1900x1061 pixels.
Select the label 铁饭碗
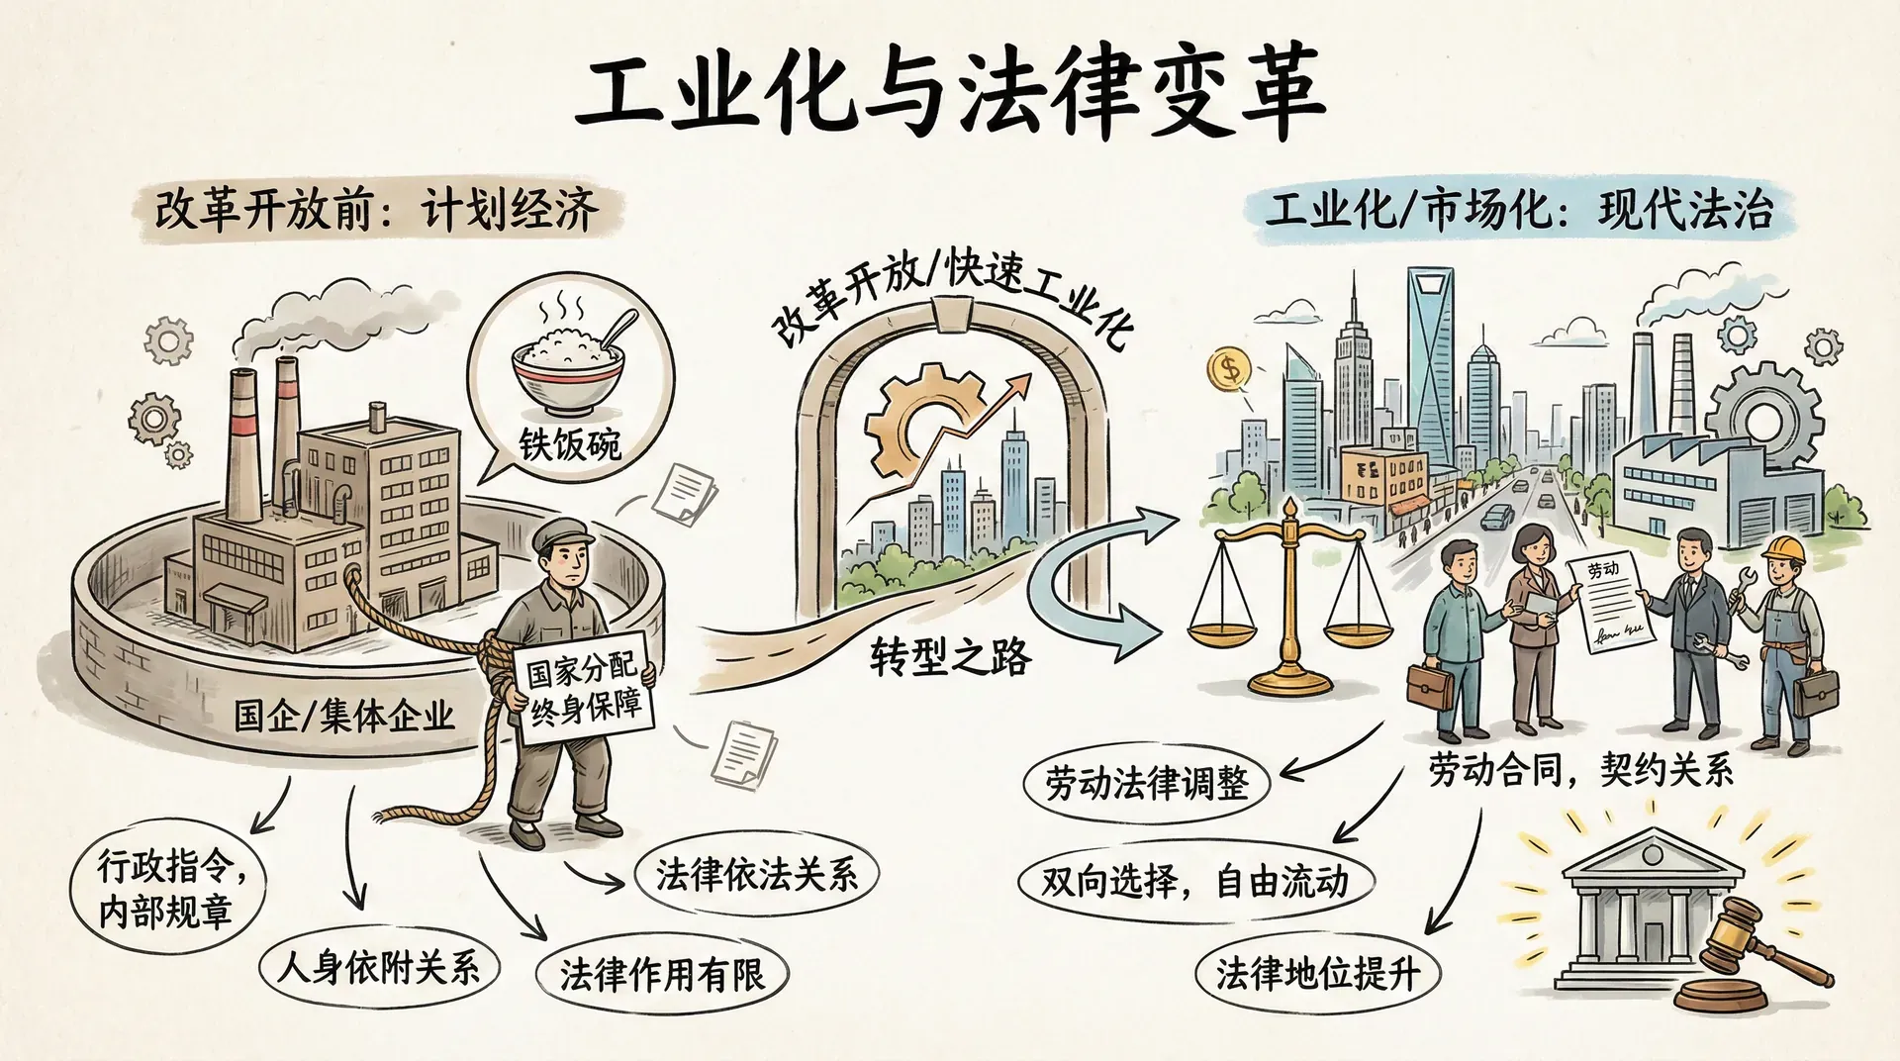(x=570, y=443)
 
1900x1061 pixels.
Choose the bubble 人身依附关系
(x=378, y=966)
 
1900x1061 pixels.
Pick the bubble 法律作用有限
(x=661, y=974)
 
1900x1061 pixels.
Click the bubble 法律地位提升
(x=1316, y=974)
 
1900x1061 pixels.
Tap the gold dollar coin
(x=1229, y=371)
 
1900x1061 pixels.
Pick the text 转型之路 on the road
(x=950, y=656)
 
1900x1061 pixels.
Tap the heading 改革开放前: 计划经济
(x=376, y=211)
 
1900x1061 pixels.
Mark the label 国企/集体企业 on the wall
(x=343, y=715)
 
